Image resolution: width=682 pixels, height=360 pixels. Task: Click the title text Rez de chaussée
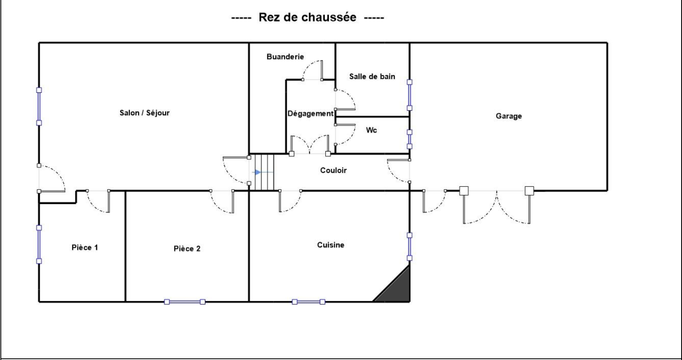coord(307,18)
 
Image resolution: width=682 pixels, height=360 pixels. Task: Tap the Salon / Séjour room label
coord(145,113)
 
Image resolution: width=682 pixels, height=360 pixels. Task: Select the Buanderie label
coord(285,57)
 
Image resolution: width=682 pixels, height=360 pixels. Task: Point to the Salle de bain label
coord(372,76)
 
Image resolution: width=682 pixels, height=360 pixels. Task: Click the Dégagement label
coord(310,114)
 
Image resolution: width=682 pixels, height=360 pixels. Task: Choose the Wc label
coord(371,130)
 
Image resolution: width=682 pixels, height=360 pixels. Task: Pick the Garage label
coord(509,116)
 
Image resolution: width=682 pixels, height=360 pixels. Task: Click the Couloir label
coord(333,170)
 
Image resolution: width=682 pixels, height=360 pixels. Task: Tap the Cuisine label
coord(330,245)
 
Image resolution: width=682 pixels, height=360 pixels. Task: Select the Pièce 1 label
coord(85,247)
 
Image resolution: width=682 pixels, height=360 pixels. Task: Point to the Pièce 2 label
coord(187,249)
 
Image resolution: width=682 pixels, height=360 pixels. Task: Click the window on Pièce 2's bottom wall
coord(185,302)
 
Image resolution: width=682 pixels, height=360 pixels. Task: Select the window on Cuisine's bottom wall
coord(309,302)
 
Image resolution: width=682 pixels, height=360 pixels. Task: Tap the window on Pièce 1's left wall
coord(39,244)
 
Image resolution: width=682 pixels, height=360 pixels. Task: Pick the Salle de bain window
coord(409,95)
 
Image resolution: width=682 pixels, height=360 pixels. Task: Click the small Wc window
coord(409,139)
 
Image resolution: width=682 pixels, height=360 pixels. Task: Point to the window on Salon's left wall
coord(39,106)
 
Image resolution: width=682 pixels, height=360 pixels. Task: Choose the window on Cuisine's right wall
coord(409,246)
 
